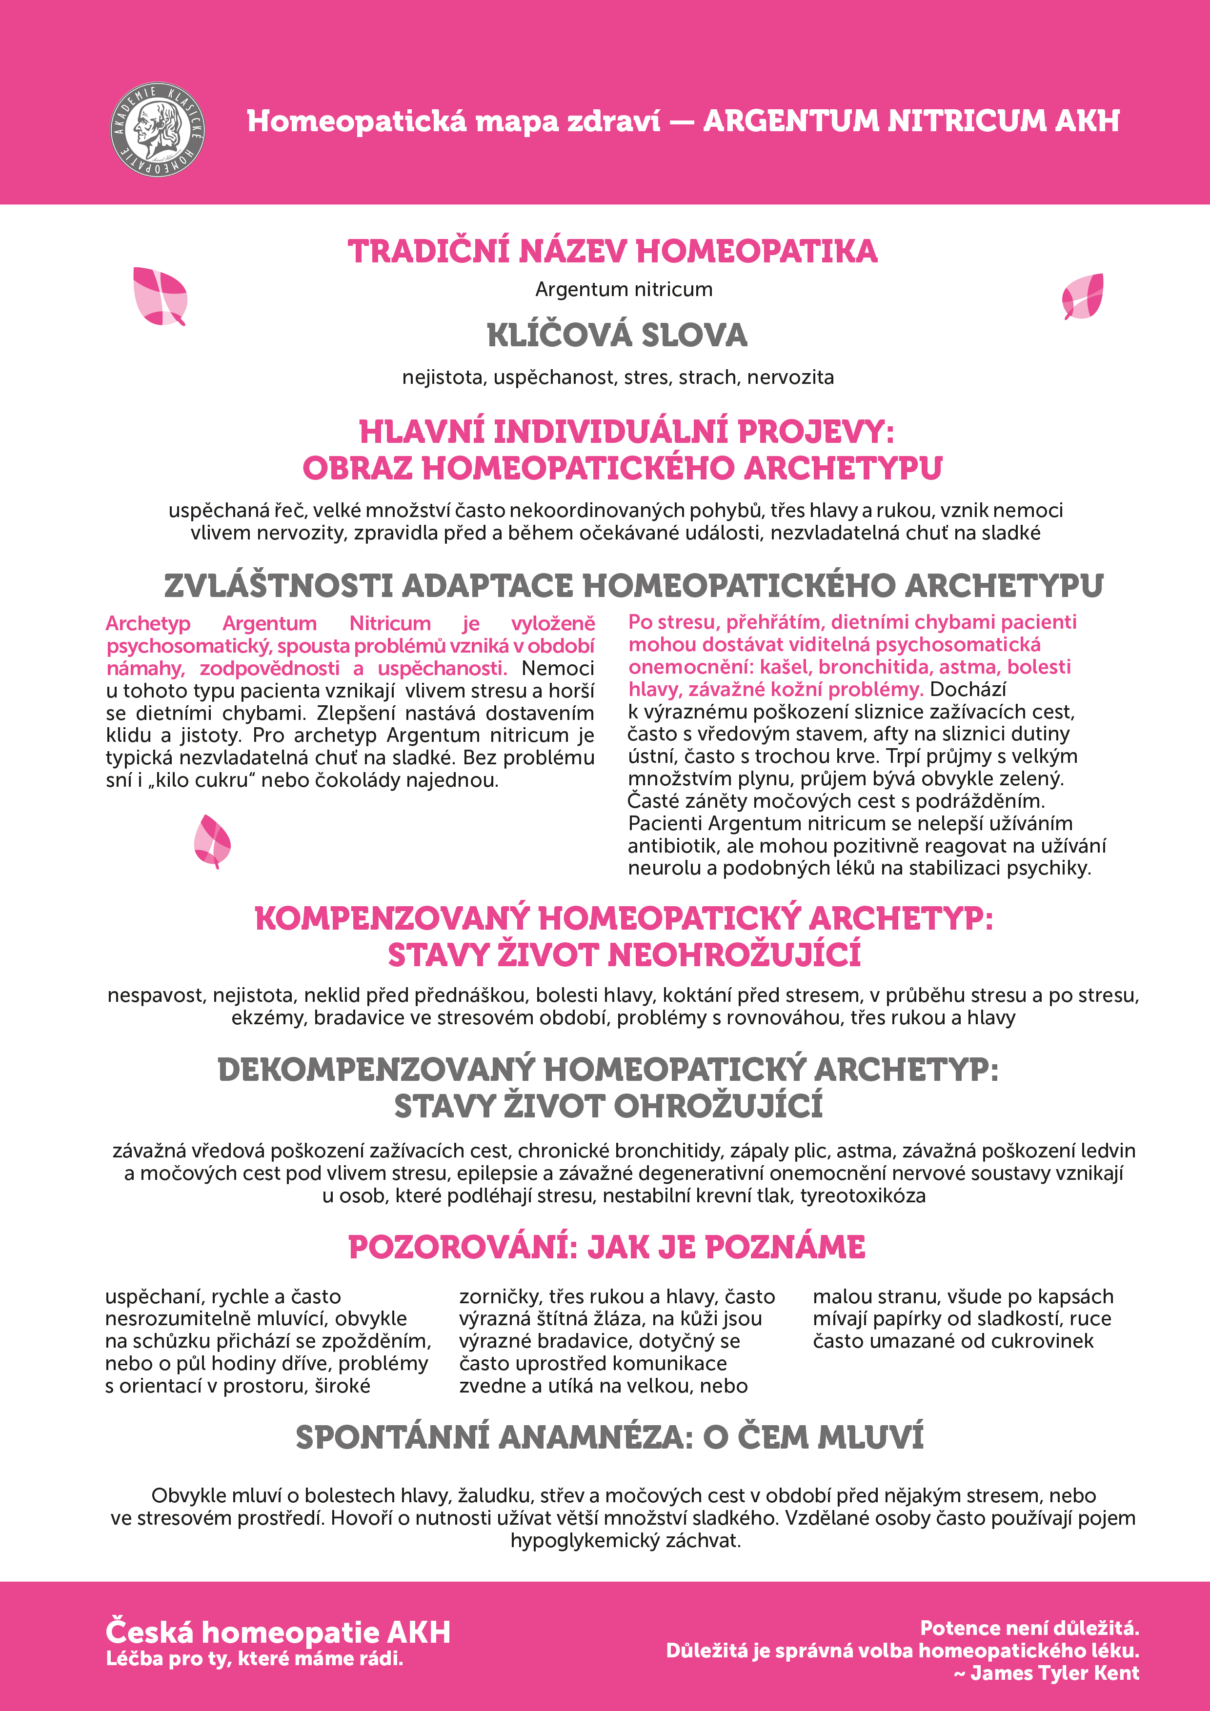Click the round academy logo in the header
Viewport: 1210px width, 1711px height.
pyautogui.click(x=157, y=130)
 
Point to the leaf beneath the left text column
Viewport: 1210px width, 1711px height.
pyautogui.click(x=212, y=841)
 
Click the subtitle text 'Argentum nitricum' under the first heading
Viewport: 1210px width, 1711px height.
pyautogui.click(x=623, y=289)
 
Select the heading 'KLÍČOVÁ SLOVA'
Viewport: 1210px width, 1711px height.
pyautogui.click(x=617, y=336)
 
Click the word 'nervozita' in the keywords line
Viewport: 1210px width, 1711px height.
pyautogui.click(x=790, y=378)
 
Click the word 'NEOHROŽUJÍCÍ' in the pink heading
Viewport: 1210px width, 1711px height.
pyautogui.click(x=734, y=955)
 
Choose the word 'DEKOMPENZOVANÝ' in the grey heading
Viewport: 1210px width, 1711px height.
pyautogui.click(x=376, y=1070)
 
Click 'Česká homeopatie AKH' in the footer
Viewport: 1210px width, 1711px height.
pyautogui.click(x=278, y=1632)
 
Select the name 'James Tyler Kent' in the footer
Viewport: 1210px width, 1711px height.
pyautogui.click(x=1054, y=1674)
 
